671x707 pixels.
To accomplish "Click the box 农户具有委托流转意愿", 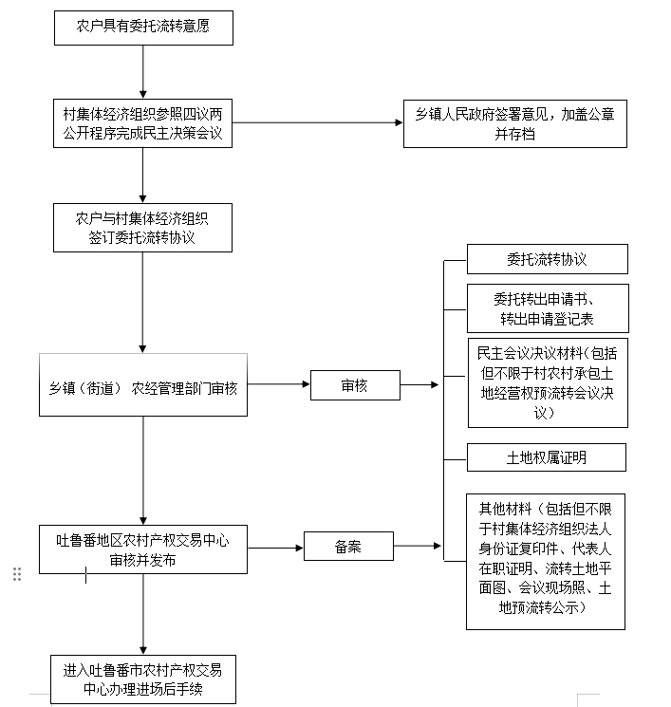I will pyautogui.click(x=142, y=28).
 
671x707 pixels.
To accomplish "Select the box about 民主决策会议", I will pyautogui.click(x=142, y=124).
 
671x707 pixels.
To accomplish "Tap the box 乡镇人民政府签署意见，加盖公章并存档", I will pyautogui.click(x=514, y=124).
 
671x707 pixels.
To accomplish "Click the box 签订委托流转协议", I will pyautogui.click(x=142, y=228).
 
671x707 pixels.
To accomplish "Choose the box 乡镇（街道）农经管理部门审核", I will pyautogui.click(x=143, y=385).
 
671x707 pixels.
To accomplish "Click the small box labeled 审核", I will pyautogui.click(x=354, y=386).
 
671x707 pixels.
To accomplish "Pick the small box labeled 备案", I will pyautogui.click(x=348, y=546).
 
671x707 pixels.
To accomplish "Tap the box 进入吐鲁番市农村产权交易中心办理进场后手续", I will pyautogui.click(x=142, y=679).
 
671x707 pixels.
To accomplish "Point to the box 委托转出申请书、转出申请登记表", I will pyautogui.click(x=547, y=307).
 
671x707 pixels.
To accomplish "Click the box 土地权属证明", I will pyautogui.click(x=547, y=457).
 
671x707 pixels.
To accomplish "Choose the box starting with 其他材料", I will pyautogui.click(x=546, y=561).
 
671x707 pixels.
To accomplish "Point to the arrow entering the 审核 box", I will pyautogui.click(x=279, y=385).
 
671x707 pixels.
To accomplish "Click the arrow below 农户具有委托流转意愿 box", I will pyautogui.click(x=142, y=71).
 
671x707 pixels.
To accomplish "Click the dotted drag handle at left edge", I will pyautogui.click(x=17, y=574).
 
